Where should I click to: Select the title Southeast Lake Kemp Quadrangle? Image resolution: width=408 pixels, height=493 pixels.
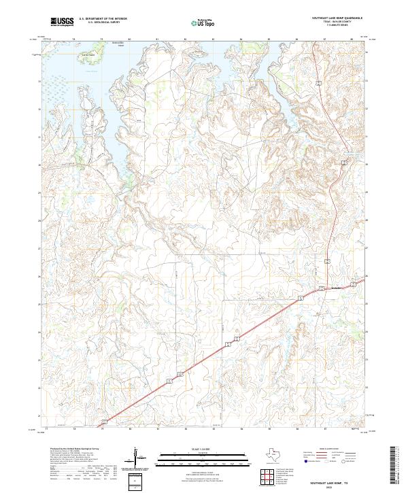click(337, 18)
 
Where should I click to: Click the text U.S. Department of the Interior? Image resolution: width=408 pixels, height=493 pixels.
click(103, 18)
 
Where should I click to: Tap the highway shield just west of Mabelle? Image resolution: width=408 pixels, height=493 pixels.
click(301, 299)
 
